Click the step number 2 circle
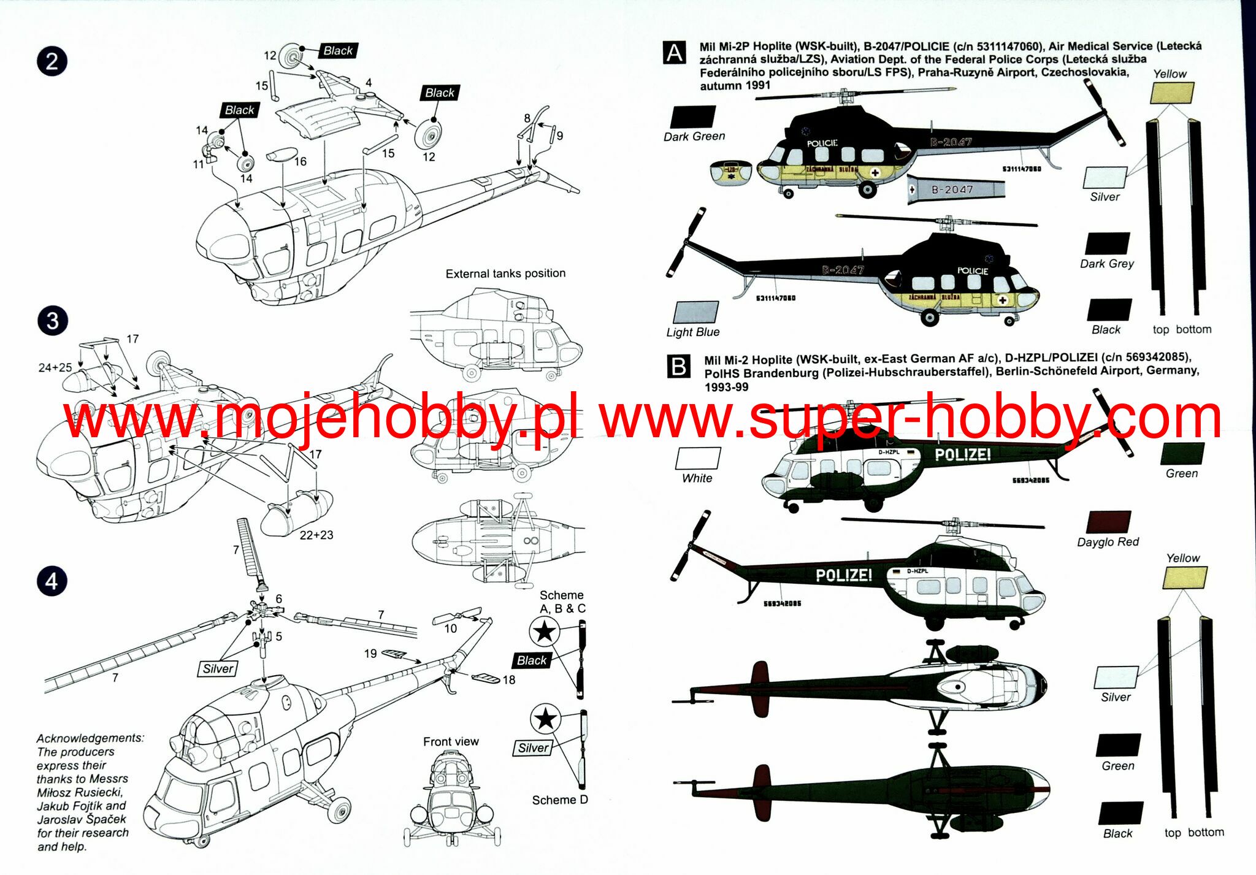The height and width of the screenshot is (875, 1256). point(52,61)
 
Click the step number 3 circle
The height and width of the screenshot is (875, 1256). point(52,321)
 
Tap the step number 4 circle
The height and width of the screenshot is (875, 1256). point(52,581)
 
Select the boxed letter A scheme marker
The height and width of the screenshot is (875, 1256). point(675,53)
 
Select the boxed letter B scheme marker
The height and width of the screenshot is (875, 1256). point(679,366)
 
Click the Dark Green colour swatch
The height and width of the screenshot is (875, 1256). point(693,117)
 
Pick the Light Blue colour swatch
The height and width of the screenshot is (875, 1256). point(695,312)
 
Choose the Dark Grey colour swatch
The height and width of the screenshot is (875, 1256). point(1108,243)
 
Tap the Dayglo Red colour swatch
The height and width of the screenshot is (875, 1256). point(1108,522)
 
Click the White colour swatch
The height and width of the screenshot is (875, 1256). point(698,459)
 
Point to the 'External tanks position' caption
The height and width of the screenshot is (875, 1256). point(505,273)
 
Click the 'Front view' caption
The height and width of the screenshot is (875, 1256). point(451,741)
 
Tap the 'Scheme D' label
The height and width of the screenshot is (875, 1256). point(559,800)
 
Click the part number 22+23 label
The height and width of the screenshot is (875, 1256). point(316,535)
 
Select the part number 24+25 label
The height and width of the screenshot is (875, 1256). point(55,367)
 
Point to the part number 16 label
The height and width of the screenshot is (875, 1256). point(301,161)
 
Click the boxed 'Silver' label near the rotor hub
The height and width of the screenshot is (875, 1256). point(218,668)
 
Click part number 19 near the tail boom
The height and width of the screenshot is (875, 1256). point(370,654)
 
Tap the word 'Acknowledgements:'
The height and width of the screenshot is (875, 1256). point(90,738)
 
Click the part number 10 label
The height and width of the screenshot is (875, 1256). point(451,629)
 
